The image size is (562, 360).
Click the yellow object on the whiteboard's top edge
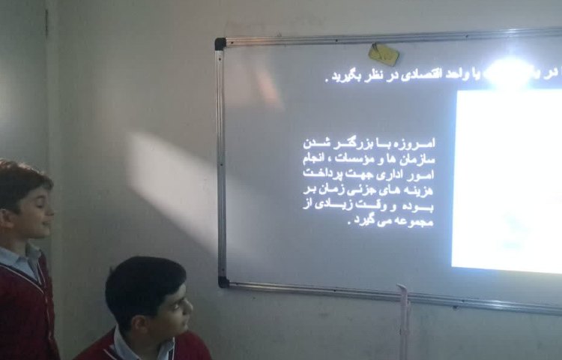(384, 53)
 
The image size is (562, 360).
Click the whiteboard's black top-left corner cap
(220, 43)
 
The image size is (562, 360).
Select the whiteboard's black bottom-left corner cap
(223, 282)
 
